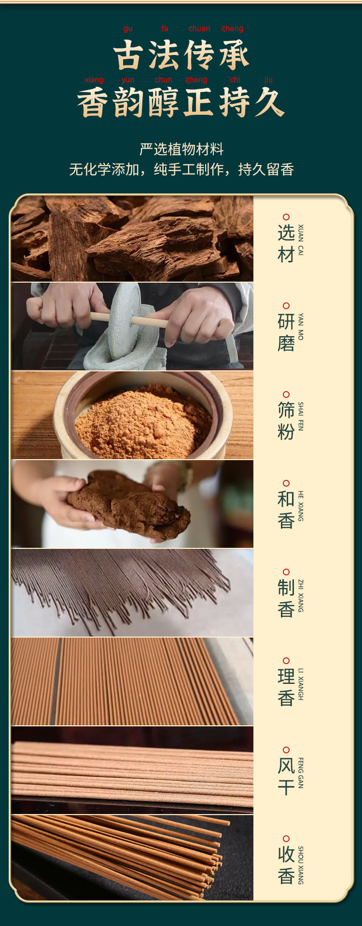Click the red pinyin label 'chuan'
(199, 28)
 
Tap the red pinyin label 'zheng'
(196, 80)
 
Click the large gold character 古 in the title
(128, 54)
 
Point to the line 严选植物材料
(181, 149)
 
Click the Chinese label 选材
(286, 244)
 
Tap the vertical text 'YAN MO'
(301, 327)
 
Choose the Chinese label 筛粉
(286, 421)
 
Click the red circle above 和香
(286, 483)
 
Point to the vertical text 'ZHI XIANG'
(301, 596)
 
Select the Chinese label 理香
(286, 687)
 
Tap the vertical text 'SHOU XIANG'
(301, 865)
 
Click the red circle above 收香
(286, 839)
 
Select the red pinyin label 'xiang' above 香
(94, 80)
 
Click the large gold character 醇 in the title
(164, 102)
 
